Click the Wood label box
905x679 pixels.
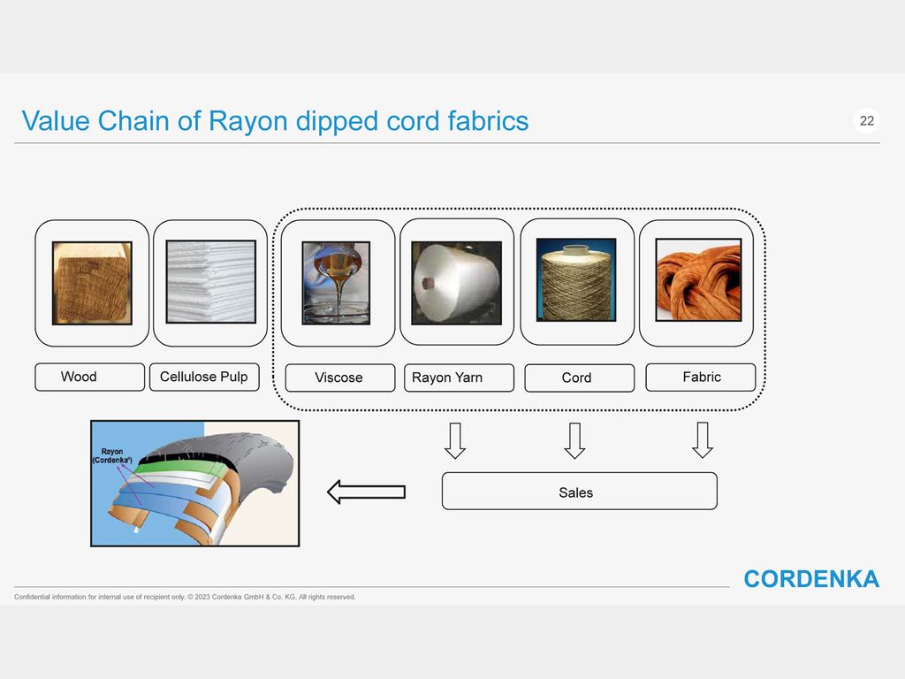(89, 377)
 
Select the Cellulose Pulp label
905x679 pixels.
(204, 377)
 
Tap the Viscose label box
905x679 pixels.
(340, 378)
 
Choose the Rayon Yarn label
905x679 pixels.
(459, 378)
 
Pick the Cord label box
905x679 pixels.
(580, 378)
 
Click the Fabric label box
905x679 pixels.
(701, 377)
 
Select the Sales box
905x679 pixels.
(580, 492)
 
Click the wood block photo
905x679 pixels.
(92, 283)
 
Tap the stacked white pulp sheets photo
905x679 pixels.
(210, 282)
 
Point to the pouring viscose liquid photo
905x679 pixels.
(336, 283)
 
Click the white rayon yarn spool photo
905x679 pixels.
(457, 283)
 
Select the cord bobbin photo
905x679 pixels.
(576, 280)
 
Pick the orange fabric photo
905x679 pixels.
(698, 280)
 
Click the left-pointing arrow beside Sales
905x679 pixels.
(367, 492)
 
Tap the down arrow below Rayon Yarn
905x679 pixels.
(455, 440)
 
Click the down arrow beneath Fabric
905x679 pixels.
(703, 440)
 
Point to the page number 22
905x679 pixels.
(867, 120)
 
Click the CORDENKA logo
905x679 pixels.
(811, 579)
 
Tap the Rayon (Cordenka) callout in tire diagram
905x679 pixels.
(112, 456)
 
